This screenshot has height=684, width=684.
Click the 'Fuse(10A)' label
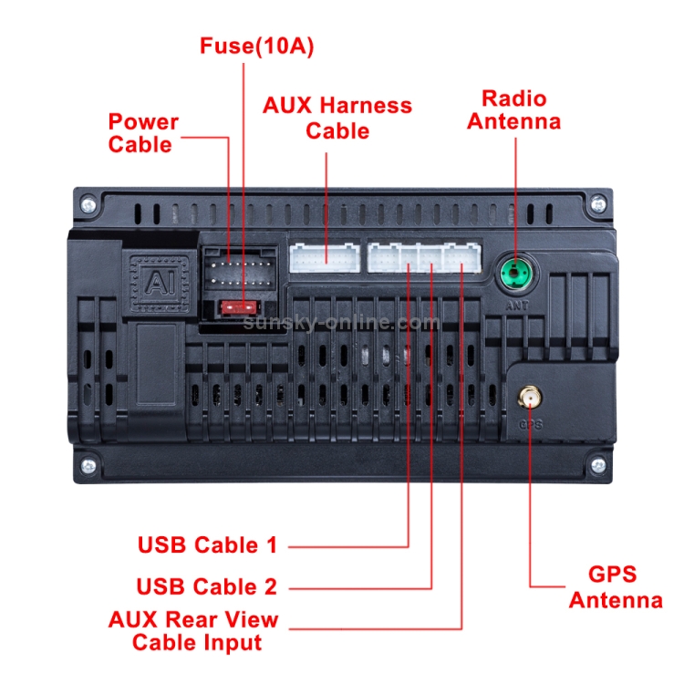point(256,47)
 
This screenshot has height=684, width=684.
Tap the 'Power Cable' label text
point(143,133)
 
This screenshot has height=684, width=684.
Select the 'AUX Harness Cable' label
point(337,118)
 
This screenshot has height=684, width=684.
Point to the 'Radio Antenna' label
point(513,109)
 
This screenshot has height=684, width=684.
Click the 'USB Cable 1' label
point(207,545)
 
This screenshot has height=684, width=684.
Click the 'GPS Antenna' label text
point(615,587)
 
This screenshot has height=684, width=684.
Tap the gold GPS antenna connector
point(527,397)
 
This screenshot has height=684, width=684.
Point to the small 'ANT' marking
point(515,306)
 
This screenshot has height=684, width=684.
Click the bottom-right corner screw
point(597,466)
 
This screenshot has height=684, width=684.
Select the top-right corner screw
point(597,207)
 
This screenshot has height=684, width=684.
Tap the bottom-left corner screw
point(87,466)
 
